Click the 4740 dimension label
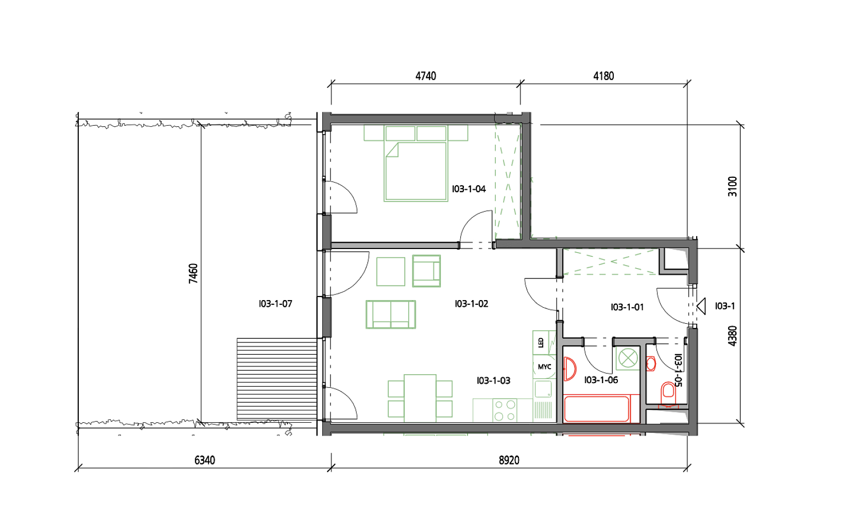(x=425, y=76)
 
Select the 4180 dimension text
(x=603, y=76)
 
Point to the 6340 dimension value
(x=205, y=460)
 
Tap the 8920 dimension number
(x=509, y=460)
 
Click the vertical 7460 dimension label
(x=193, y=273)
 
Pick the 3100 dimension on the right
(x=732, y=187)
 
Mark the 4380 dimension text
(x=732, y=336)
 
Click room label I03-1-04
(x=469, y=189)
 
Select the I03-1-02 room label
(x=472, y=304)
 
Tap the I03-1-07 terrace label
(x=275, y=304)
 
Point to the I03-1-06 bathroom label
(x=601, y=380)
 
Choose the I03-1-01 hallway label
(x=627, y=307)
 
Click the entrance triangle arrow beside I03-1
(x=701, y=306)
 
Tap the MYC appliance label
(x=545, y=367)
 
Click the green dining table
(x=420, y=398)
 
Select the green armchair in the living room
(x=426, y=271)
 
